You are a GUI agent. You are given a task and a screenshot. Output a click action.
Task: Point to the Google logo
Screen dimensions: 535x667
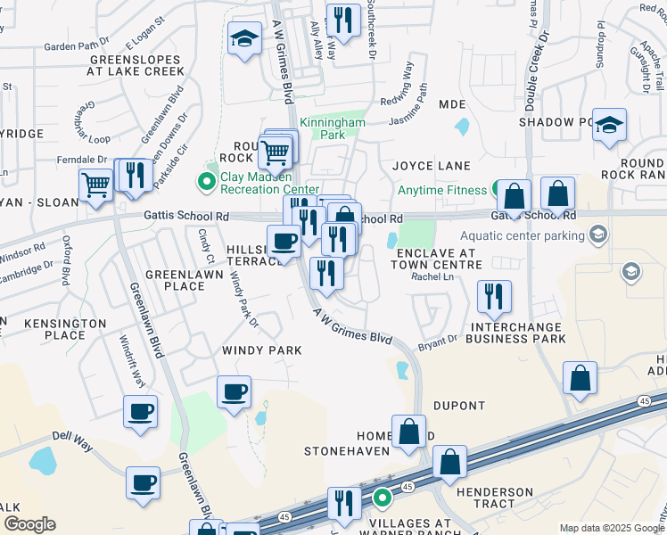click(x=29, y=524)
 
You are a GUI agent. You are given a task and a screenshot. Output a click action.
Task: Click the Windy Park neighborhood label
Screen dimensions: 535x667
click(x=262, y=350)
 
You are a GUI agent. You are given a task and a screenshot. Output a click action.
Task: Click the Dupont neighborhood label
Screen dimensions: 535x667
click(x=459, y=406)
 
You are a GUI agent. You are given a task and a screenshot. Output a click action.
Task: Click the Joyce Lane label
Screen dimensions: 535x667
click(x=432, y=166)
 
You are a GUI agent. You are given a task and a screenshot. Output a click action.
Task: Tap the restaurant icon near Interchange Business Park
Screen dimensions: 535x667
click(x=493, y=297)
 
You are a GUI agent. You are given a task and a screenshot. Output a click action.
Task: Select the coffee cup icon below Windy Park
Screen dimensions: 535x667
click(x=234, y=391)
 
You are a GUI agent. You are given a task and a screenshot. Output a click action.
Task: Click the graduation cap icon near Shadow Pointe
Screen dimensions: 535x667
click(x=610, y=125)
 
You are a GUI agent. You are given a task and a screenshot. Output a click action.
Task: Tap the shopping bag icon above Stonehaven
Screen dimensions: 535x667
click(x=408, y=432)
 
